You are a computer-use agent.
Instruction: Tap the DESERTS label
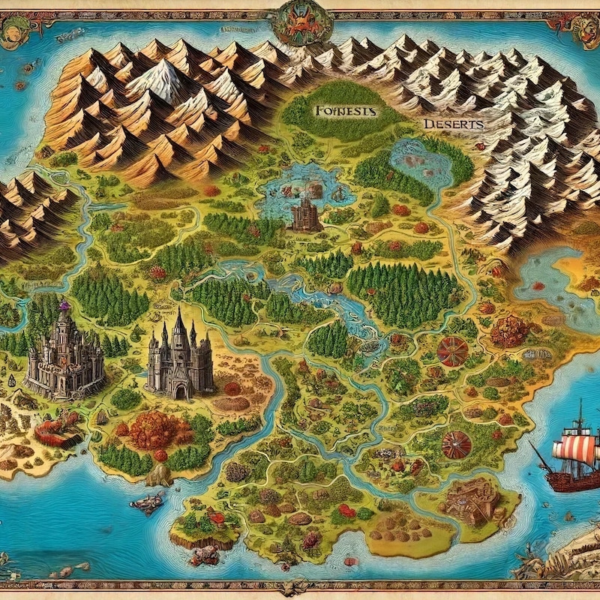(452, 124)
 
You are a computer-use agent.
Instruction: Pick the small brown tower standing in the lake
(305, 215)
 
